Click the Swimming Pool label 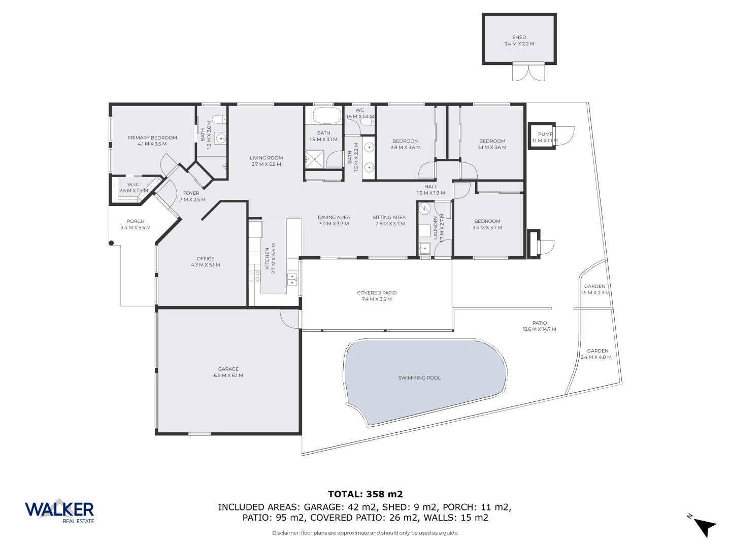click(x=419, y=378)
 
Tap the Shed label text click(x=519, y=38)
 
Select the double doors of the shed click(x=528, y=72)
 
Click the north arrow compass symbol click(x=704, y=526)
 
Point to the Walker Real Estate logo click(x=59, y=510)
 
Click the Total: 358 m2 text click(x=365, y=494)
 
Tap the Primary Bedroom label click(x=152, y=138)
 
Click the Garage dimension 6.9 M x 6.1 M click(x=228, y=376)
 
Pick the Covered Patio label click(x=376, y=293)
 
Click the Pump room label click(x=545, y=134)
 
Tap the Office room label click(x=205, y=259)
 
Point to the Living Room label click(x=266, y=158)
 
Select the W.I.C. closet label click(x=133, y=185)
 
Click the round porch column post click(x=111, y=243)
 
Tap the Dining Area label click(x=334, y=218)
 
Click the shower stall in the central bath click(x=314, y=159)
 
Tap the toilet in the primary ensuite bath click(x=217, y=119)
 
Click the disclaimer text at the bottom click(x=365, y=533)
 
